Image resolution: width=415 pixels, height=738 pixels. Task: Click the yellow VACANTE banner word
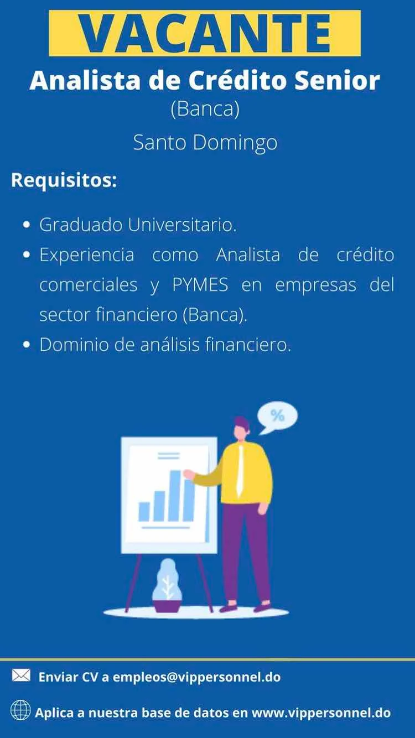coord(205,33)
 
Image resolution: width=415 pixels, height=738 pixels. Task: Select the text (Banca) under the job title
coord(205,110)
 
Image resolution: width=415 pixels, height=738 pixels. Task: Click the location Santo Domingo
coord(205,143)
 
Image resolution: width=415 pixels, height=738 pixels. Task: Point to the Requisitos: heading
coord(64,180)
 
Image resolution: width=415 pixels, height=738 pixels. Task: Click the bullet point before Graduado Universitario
coord(27,225)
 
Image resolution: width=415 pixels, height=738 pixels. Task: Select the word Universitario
coord(182,225)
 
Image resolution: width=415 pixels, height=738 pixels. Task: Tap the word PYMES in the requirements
coord(200,284)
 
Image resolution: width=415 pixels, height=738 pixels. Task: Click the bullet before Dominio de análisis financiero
coord(27,345)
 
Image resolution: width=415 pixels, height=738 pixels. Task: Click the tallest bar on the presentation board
coord(175,496)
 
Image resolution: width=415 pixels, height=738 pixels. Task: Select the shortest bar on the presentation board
coord(144,512)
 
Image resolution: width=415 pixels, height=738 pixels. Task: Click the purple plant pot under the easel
coord(167,606)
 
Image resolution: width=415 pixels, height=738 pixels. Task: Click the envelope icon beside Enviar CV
coord(21,675)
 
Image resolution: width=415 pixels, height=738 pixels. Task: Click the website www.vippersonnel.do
coord(321,713)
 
